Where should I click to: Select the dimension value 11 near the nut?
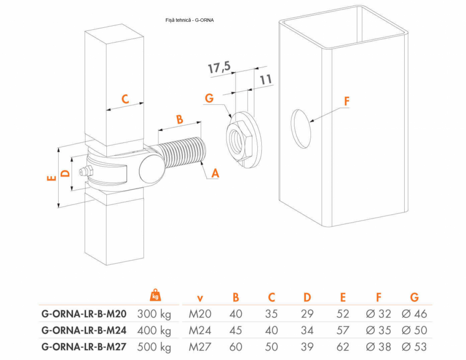266,79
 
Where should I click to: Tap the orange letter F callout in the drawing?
347,100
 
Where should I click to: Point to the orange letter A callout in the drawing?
215,173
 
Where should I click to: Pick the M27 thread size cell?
200,347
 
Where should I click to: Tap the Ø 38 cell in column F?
378,347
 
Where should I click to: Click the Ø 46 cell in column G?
414,314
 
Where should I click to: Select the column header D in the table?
307,298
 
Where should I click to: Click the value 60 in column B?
236,347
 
